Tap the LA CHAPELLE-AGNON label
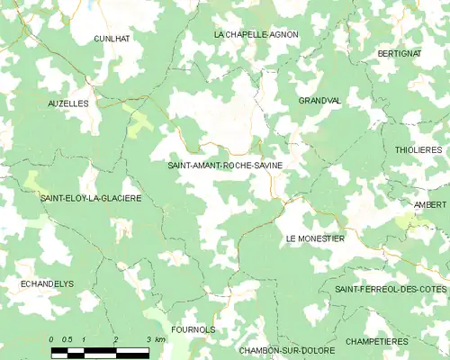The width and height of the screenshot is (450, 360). [x=256, y=34]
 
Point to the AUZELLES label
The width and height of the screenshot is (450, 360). [x=68, y=103]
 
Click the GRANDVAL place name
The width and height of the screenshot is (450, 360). [x=319, y=101]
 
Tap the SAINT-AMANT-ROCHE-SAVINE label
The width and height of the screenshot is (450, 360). [x=224, y=166]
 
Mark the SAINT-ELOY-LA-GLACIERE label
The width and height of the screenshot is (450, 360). [x=90, y=198]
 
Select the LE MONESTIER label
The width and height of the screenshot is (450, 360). [x=315, y=238]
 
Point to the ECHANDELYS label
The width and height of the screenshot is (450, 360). [x=46, y=283]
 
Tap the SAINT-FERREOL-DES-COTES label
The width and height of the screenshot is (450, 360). [x=391, y=288]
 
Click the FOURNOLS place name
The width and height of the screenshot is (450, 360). [x=192, y=329]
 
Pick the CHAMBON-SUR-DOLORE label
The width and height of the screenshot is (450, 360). [x=287, y=349]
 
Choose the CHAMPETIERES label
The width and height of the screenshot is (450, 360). [x=377, y=342]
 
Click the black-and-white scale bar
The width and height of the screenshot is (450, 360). [x=100, y=351]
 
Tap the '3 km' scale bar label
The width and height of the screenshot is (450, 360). [x=154, y=339]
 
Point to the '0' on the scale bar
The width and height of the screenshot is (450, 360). [x=52, y=339]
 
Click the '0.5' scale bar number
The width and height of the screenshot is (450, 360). [x=67, y=339]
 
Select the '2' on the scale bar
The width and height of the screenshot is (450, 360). [x=116, y=339]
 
